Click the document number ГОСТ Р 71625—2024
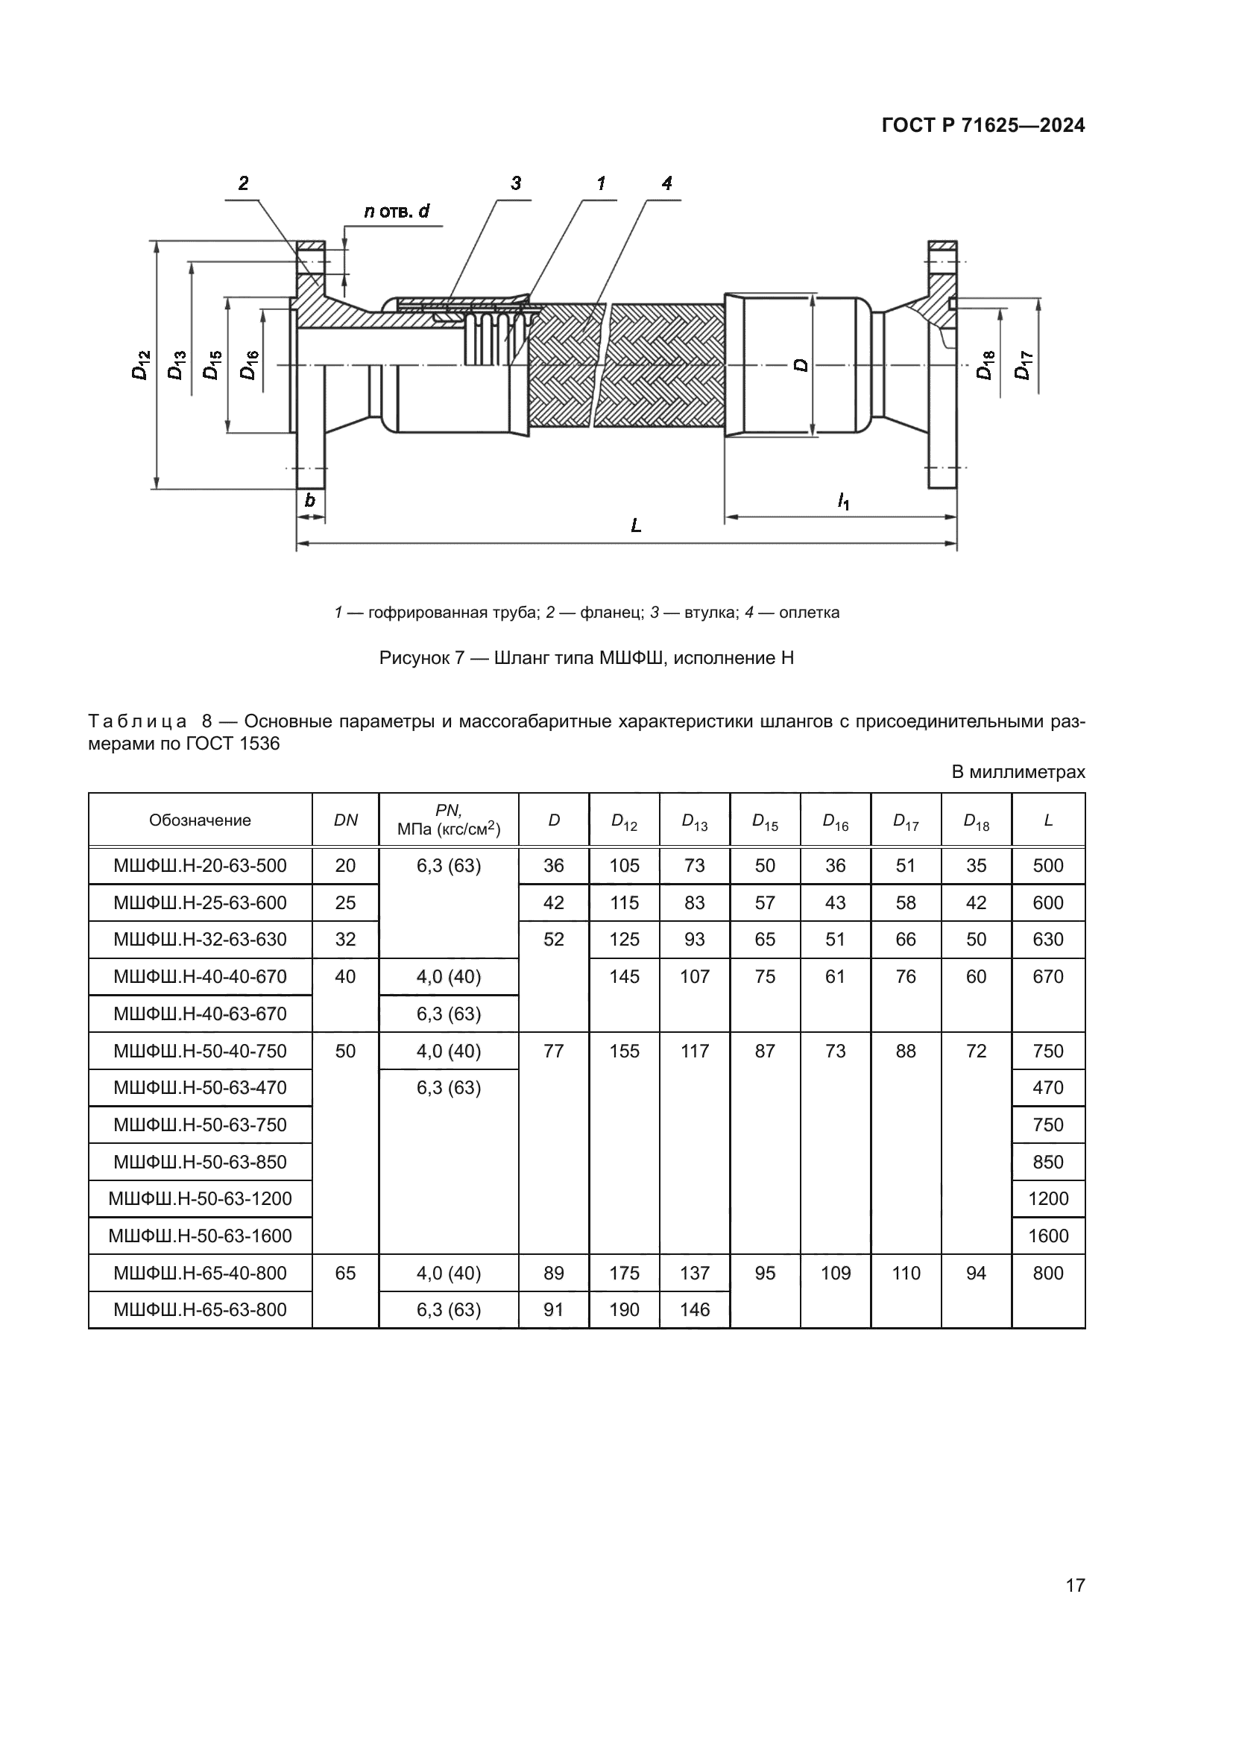pos(983,126)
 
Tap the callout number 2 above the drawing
pos(243,183)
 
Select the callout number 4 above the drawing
pos(666,183)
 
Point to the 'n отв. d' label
pos(397,211)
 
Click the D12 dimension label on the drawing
pos(141,365)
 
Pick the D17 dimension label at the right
pos(1024,365)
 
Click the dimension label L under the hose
pos(636,525)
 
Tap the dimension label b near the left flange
pos(310,500)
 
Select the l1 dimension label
pos(843,501)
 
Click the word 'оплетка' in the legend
pos(810,613)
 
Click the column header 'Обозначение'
pos(200,820)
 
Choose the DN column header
pos(345,820)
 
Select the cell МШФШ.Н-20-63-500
pos(200,865)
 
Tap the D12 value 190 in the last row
pos(624,1309)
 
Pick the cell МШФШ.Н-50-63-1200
pos(200,1199)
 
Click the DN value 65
pos(345,1273)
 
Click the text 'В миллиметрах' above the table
pos(1018,772)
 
